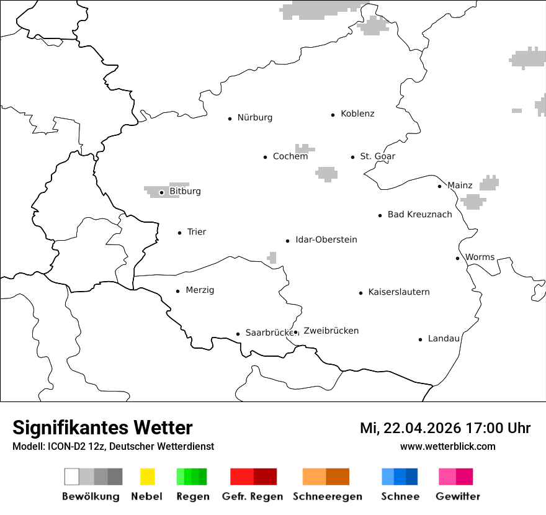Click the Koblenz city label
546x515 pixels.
357,114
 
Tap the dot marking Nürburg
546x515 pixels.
230,118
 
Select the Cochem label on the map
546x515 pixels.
290,156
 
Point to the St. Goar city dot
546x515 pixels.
353,157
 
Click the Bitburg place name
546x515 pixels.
185,191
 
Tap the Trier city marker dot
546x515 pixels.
179,233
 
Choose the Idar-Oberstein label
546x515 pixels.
326,240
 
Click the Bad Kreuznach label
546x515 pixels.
419,215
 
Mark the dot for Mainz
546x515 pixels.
439,186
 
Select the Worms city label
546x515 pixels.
480,257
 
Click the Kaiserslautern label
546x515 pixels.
399,292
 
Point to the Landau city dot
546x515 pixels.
420,339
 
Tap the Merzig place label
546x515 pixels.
200,290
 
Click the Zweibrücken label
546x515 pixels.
331,331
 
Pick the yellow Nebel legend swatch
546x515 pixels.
147,477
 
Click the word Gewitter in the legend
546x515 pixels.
458,496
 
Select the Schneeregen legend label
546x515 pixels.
328,496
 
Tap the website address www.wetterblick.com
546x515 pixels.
448,447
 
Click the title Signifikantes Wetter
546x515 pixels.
102,428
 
